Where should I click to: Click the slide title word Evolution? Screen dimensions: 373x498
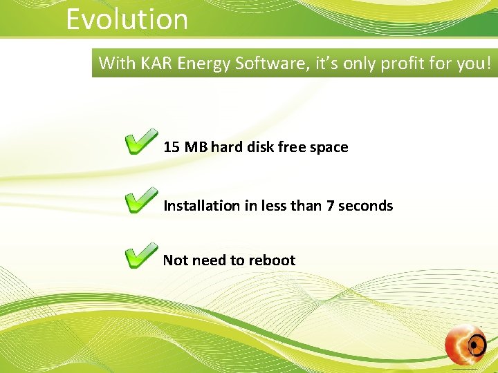[x=127, y=19]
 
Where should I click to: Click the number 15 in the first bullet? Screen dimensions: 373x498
[x=172, y=147]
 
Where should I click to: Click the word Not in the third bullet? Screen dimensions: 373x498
[x=175, y=260]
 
